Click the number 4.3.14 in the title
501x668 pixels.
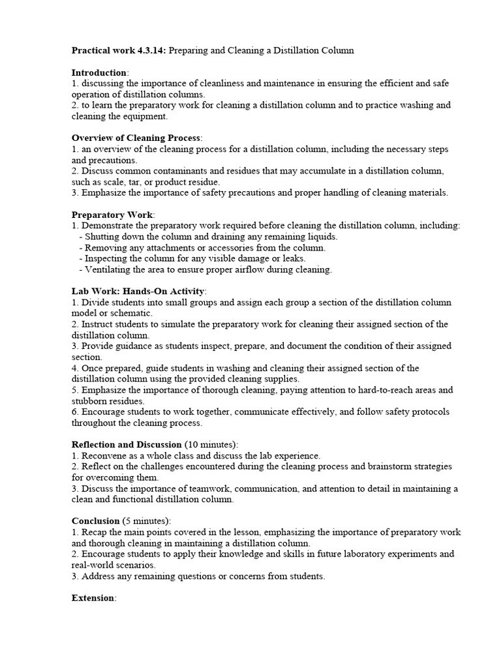click(150, 50)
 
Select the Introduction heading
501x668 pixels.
click(99, 72)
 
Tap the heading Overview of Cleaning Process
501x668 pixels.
click(136, 138)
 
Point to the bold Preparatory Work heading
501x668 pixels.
click(112, 215)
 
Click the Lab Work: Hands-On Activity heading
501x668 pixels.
click(138, 291)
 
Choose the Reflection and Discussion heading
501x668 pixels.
click(127, 444)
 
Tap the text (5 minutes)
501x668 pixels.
click(146, 521)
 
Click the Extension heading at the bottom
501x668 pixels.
click(93, 598)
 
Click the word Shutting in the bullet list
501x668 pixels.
click(102, 237)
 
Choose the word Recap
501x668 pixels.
click(95, 532)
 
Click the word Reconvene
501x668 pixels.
click(106, 455)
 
